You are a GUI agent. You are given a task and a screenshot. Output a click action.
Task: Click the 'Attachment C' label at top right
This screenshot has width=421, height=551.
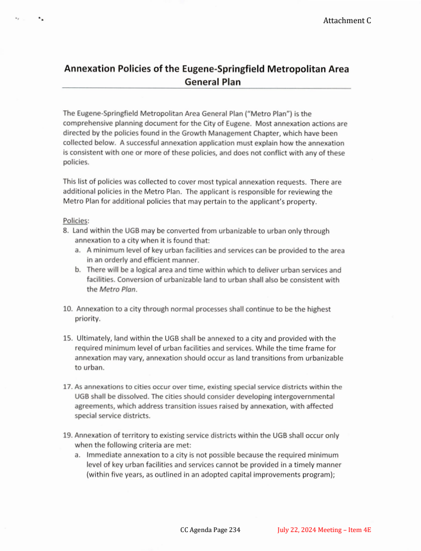(347, 21)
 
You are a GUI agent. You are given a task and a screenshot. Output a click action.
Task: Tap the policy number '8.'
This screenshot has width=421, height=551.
(66, 231)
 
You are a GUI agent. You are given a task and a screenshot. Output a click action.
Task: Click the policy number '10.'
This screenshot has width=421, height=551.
(67, 309)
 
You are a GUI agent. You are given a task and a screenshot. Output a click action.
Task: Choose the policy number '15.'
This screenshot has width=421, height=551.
(67, 338)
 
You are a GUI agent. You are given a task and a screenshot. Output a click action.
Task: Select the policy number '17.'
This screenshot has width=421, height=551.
(67, 387)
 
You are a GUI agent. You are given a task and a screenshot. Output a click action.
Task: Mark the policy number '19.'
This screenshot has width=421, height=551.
(67, 435)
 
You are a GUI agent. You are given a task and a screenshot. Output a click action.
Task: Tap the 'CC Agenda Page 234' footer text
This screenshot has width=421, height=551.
(210, 530)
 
